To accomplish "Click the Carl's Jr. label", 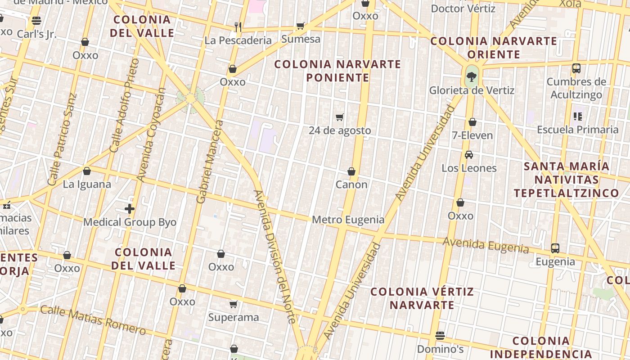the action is [x=36, y=34].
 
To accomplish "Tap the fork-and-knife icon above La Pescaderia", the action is [x=238, y=27].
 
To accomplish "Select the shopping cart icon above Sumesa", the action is [x=300, y=26].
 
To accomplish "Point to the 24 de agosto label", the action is [x=340, y=130].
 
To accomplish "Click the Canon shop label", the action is [x=351, y=184].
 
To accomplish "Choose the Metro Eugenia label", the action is [x=348, y=220].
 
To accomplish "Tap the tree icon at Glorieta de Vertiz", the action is [x=471, y=76].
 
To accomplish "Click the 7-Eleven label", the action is [x=472, y=135].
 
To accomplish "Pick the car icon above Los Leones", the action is [x=469, y=155].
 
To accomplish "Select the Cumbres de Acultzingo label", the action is [x=576, y=88].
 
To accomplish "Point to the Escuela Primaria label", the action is [x=578, y=130].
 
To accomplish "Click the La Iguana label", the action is [x=87, y=184].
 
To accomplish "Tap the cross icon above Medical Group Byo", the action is [x=130, y=209].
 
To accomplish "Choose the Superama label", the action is [x=233, y=318].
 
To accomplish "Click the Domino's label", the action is [x=440, y=349].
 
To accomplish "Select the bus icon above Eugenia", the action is [x=555, y=248].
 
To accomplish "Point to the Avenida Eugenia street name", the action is [x=486, y=245].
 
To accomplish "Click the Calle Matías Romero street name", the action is [x=93, y=320].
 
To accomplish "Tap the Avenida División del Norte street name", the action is [x=274, y=256].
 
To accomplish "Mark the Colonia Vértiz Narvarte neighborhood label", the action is [x=422, y=298].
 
